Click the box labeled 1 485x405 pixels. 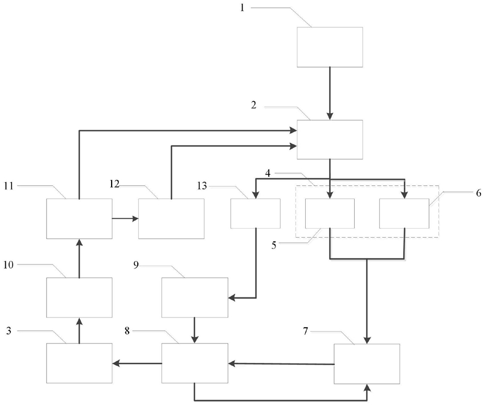point(330,46)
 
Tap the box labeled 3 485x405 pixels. point(79,363)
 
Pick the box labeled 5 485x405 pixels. point(330,213)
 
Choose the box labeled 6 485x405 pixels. point(404,213)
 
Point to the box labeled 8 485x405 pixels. point(195,363)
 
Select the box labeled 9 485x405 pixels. point(195,297)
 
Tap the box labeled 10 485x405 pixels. point(79,297)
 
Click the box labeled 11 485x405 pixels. point(79,218)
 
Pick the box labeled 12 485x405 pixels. point(171,218)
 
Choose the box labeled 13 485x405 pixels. point(255,213)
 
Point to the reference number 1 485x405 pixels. point(243,8)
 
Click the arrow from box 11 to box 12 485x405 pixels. point(125,218)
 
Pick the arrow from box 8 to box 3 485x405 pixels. point(137,363)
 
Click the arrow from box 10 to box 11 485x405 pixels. point(79,258)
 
